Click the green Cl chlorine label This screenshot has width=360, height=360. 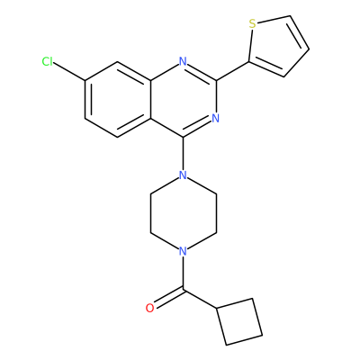click(48, 62)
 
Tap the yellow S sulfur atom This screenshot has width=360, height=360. click(253, 24)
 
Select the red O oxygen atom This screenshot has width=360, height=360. click(150, 308)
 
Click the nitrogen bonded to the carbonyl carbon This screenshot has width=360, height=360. click(183, 250)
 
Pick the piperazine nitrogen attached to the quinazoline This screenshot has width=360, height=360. click(183, 175)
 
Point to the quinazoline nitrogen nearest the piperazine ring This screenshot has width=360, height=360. click(215, 118)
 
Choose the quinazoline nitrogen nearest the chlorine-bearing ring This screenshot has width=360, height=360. click(183, 62)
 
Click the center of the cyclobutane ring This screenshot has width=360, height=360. click(239, 321)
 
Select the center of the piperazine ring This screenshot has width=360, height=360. click(183, 212)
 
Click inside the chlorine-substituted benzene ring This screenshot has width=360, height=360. click(118, 100)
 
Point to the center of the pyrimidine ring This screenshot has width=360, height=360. click(183, 100)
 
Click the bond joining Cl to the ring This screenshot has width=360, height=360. click(69, 71)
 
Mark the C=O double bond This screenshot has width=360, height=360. click(168, 298)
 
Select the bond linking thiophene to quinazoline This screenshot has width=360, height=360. click(232, 71)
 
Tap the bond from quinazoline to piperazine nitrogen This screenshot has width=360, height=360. click(183, 154)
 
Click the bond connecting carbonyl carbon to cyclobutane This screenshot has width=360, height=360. click(200, 299)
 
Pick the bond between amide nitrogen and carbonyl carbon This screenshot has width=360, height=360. click(183, 273)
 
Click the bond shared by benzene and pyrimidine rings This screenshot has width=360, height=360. click(150, 100)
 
